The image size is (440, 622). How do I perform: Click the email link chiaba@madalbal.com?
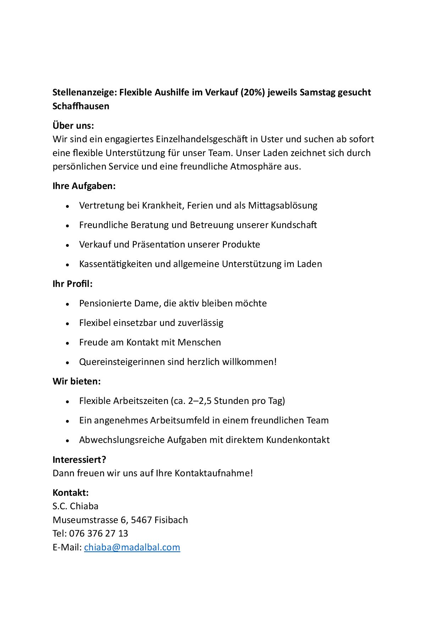132,547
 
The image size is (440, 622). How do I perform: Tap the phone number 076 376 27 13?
98,533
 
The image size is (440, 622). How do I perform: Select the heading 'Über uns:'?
73,126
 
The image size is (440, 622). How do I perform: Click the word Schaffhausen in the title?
81,106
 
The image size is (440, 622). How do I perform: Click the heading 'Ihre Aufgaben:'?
84,186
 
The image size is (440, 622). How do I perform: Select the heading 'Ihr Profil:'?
72,284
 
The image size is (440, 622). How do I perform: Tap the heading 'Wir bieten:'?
77,381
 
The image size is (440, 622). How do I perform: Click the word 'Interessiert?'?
79,460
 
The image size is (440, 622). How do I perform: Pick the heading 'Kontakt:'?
71,493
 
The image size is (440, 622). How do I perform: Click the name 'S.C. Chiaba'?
76,506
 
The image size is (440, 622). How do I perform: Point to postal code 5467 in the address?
141,520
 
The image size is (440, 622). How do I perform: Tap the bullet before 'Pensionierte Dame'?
67,304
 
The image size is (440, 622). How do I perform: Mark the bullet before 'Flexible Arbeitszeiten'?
67,402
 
